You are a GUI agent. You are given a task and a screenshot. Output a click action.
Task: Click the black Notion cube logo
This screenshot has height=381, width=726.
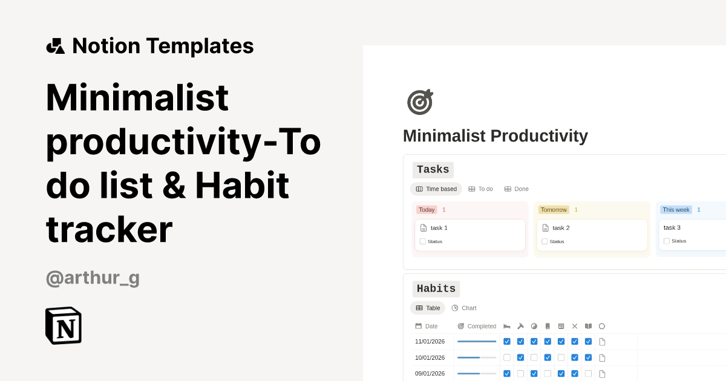(x=64, y=325)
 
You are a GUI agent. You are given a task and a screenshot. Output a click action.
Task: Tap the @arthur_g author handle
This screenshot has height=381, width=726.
(x=93, y=278)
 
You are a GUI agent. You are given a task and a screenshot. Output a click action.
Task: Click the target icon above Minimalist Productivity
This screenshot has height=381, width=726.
(x=420, y=102)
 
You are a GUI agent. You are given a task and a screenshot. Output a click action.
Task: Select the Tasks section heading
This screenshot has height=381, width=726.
(x=433, y=170)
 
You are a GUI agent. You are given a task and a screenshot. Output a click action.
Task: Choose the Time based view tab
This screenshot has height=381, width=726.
(x=436, y=189)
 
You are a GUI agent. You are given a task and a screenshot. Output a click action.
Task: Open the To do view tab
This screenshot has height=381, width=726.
(x=481, y=189)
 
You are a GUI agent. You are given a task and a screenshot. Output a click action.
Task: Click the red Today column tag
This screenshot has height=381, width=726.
(x=427, y=210)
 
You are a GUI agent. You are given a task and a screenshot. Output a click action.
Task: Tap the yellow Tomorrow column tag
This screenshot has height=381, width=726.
(x=554, y=210)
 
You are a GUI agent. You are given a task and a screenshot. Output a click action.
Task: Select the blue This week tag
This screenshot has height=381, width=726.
(x=676, y=210)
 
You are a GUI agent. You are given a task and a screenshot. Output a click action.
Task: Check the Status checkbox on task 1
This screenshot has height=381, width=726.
(x=423, y=241)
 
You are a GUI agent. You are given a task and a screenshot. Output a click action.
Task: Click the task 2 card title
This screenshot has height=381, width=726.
(x=561, y=228)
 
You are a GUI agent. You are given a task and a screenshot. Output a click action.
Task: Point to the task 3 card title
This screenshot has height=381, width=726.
(x=672, y=227)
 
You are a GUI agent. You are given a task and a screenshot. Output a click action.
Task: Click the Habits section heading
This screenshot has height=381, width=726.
(x=436, y=289)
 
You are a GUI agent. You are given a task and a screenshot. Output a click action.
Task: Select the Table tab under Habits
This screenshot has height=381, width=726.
(x=428, y=308)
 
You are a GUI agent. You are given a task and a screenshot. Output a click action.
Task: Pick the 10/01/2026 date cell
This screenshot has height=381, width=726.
(x=430, y=357)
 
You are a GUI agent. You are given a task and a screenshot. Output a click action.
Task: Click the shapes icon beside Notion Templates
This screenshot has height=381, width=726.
(x=55, y=46)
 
